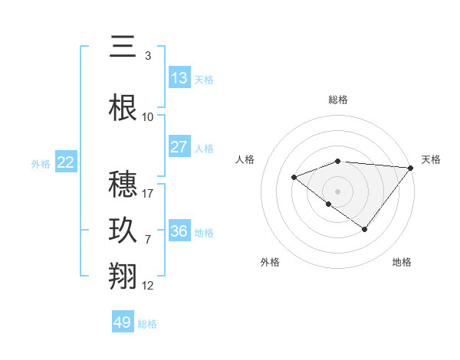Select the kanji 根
[123, 107]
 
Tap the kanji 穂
[123, 184]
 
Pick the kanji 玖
[123, 231]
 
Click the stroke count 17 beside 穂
[149, 194]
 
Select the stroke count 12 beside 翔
[148, 286]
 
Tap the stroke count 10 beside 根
[148, 117]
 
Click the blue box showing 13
[179, 77]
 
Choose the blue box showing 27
[179, 147]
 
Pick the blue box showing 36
[179, 231]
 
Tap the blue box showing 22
[65, 162]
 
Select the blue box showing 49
[123, 322]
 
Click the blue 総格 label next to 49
[147, 324]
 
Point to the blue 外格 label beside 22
[41, 164]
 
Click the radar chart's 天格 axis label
[431, 159]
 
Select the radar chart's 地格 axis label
[402, 262]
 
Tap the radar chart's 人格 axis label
[245, 159]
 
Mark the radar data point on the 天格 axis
[412, 167]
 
